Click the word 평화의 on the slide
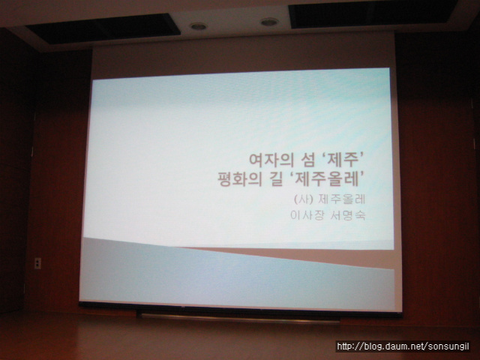tap(240, 179)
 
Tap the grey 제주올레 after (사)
tap(342, 199)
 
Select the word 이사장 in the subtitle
tap(307, 215)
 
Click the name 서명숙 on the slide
tap(348, 215)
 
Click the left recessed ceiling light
tap(198, 26)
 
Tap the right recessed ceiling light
tap(269, 22)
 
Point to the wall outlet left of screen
tap(37, 263)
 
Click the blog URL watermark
tap(403, 346)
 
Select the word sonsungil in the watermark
tap(448, 346)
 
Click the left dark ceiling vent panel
tap(103, 29)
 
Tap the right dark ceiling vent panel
tap(373, 13)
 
